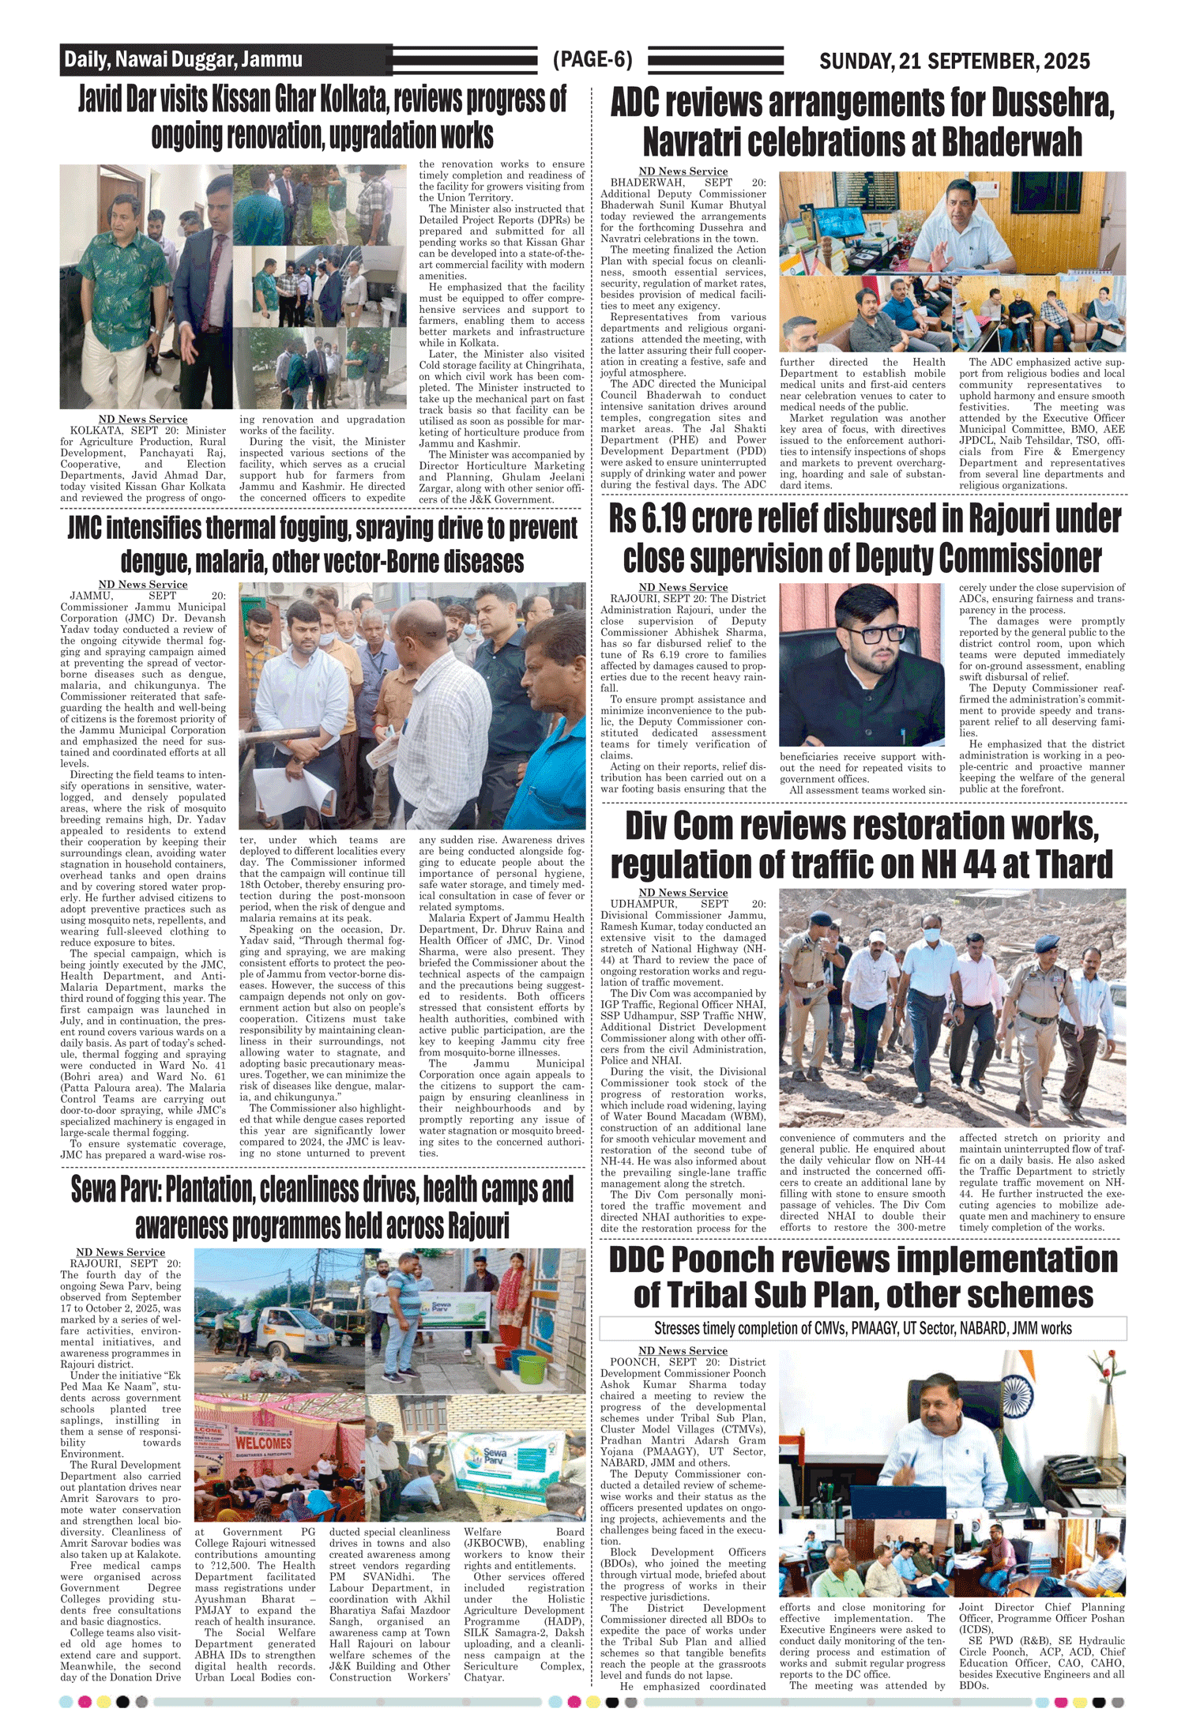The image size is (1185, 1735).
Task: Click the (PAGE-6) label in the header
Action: [x=592, y=60]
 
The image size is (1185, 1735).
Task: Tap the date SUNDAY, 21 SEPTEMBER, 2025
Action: [x=954, y=62]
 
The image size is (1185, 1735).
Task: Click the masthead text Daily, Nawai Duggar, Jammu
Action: [x=182, y=60]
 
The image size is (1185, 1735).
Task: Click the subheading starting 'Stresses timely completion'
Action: [x=862, y=1328]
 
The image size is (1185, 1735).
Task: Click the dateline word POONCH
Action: [x=634, y=1362]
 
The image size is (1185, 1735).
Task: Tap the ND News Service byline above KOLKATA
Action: [x=143, y=420]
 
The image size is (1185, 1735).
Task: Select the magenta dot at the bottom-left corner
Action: [x=85, y=1701]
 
